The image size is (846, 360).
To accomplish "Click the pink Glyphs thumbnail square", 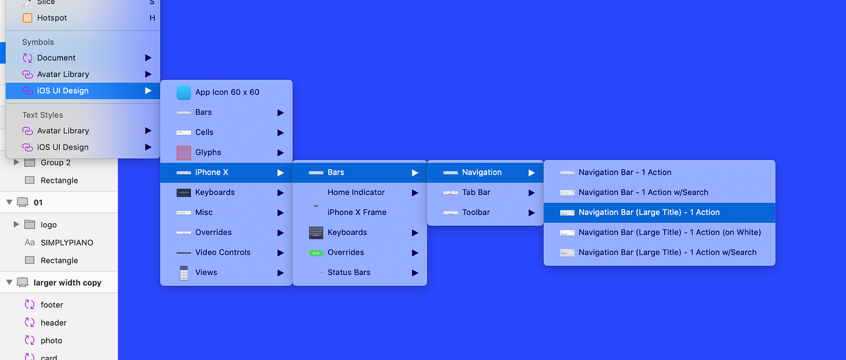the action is click(184, 153).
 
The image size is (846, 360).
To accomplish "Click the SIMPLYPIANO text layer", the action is click(66, 243).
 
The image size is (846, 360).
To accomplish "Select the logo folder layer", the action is click(48, 225).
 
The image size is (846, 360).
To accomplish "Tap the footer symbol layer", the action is click(52, 305).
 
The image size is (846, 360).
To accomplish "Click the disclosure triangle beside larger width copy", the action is click(10, 282).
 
